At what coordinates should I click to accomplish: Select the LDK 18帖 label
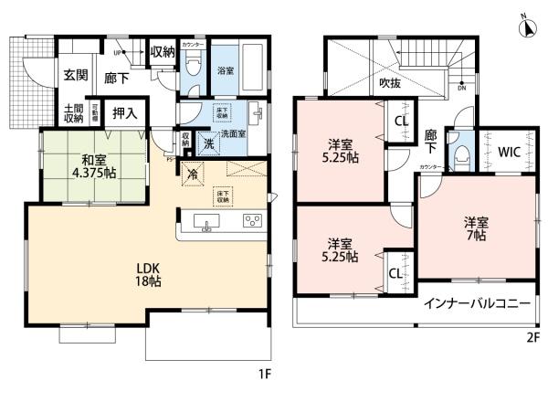[x=149, y=275]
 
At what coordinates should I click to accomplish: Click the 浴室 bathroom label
[x=225, y=69]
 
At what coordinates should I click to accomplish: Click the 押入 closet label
[x=124, y=114]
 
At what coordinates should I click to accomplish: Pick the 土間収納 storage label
[x=73, y=114]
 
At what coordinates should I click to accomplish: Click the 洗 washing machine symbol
[x=208, y=143]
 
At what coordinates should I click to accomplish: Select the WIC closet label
[x=509, y=153]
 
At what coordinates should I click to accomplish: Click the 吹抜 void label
[x=392, y=83]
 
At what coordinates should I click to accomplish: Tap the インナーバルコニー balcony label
[x=476, y=303]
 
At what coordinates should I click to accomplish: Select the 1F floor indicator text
[x=262, y=374]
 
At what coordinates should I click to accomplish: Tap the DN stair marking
[x=462, y=89]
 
